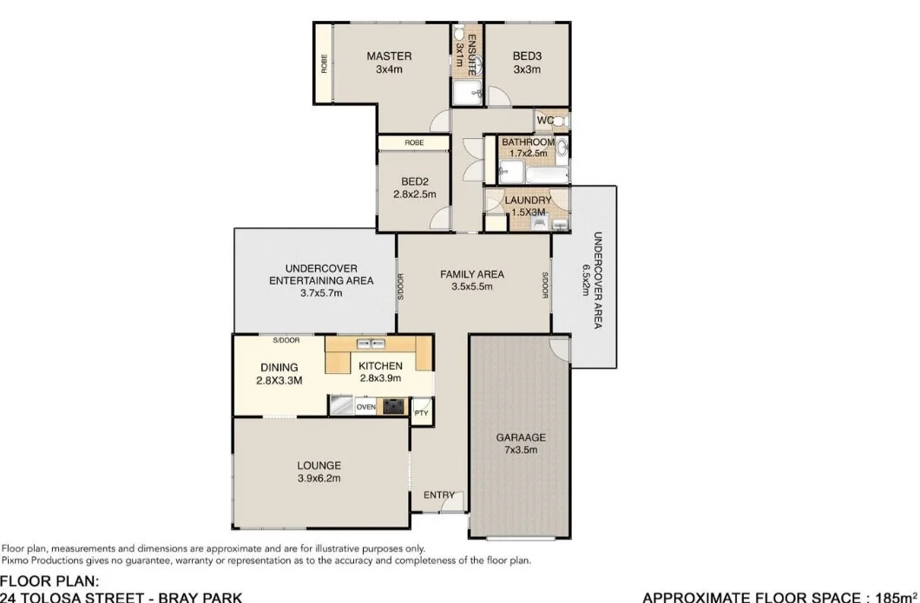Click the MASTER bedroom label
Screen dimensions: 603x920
coord(389,56)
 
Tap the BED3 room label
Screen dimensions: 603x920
coord(527,56)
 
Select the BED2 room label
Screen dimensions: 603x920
coord(413,181)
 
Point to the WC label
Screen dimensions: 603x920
coord(545,121)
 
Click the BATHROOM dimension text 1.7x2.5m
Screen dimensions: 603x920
coord(528,154)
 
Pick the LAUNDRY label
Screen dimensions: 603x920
coord(528,200)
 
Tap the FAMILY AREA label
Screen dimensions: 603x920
coord(472,274)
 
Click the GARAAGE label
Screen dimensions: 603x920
coord(521,437)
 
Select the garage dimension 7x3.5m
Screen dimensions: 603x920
coord(521,450)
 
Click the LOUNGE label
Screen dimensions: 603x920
coord(319,465)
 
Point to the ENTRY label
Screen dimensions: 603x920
coord(438,495)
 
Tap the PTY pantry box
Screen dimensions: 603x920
coord(421,413)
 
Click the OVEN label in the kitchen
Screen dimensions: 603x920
coord(365,406)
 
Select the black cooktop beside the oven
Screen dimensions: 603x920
coord(393,406)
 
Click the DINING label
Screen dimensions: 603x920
coord(279,367)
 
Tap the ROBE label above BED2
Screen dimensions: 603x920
coord(413,142)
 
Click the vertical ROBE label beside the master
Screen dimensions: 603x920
coord(325,64)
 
